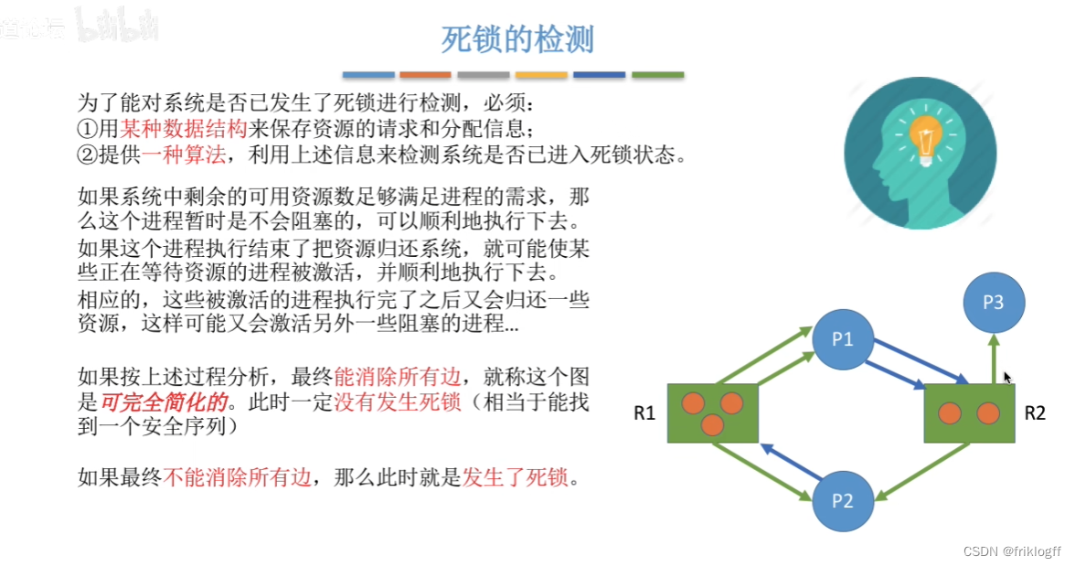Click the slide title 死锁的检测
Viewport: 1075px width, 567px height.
(517, 40)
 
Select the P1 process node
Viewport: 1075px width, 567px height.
(842, 339)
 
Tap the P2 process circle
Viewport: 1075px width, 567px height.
(842, 500)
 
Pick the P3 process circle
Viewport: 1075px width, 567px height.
(994, 303)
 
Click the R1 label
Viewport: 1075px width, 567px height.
(645, 413)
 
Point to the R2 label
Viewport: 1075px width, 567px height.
(1034, 413)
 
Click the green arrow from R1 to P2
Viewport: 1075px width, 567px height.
(764, 473)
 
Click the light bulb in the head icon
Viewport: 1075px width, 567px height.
(925, 137)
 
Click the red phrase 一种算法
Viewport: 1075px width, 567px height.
(183, 155)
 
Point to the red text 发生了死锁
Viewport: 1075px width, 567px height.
(515, 476)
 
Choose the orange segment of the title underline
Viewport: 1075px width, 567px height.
(425, 75)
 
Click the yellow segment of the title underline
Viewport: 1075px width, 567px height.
(541, 75)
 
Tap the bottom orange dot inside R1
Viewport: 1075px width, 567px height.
(712, 424)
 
